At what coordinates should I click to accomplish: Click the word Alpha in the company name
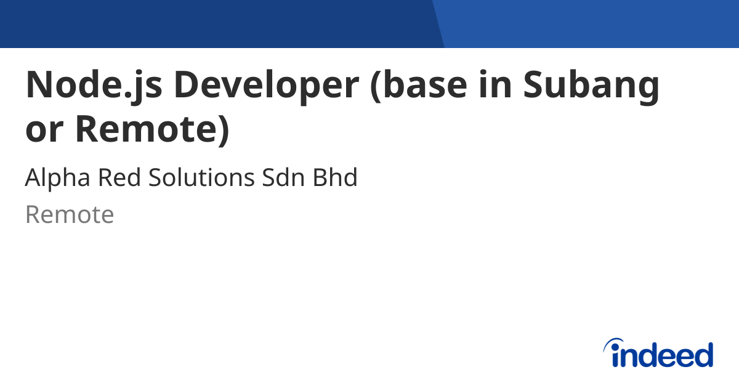click(54, 178)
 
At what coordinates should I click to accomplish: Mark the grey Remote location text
click(70, 215)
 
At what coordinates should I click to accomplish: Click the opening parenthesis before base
click(378, 86)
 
